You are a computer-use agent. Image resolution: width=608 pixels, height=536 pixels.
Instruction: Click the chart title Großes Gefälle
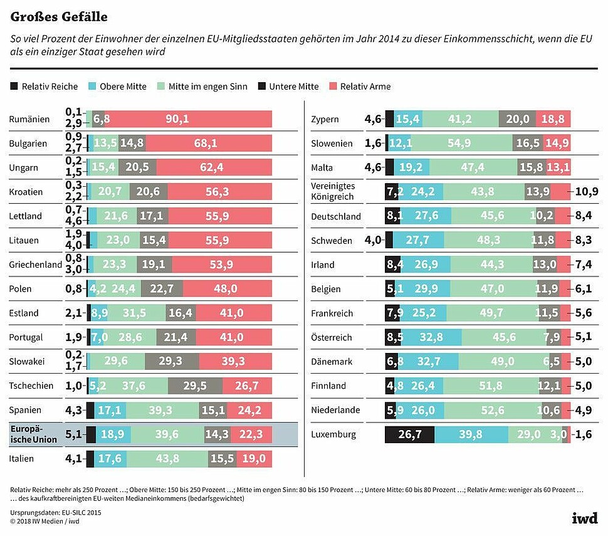pos(58,16)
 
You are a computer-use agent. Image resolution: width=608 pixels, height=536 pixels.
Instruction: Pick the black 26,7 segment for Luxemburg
pos(409,434)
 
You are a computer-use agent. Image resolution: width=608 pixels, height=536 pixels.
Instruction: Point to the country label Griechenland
pos(36,265)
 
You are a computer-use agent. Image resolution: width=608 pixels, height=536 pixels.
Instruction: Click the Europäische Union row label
pos(34,434)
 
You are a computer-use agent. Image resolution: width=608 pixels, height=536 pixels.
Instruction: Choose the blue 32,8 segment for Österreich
pos(431,337)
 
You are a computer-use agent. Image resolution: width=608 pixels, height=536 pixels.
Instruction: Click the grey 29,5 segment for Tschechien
pos(195,386)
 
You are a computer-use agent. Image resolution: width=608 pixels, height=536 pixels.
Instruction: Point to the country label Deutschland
pos(336,217)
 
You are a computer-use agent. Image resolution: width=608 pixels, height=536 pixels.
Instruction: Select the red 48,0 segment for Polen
pos(227,289)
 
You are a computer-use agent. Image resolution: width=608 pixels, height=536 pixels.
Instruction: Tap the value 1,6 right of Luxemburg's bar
pos(586,434)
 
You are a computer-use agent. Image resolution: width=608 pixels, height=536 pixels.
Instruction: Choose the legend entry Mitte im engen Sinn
pos(207,87)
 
